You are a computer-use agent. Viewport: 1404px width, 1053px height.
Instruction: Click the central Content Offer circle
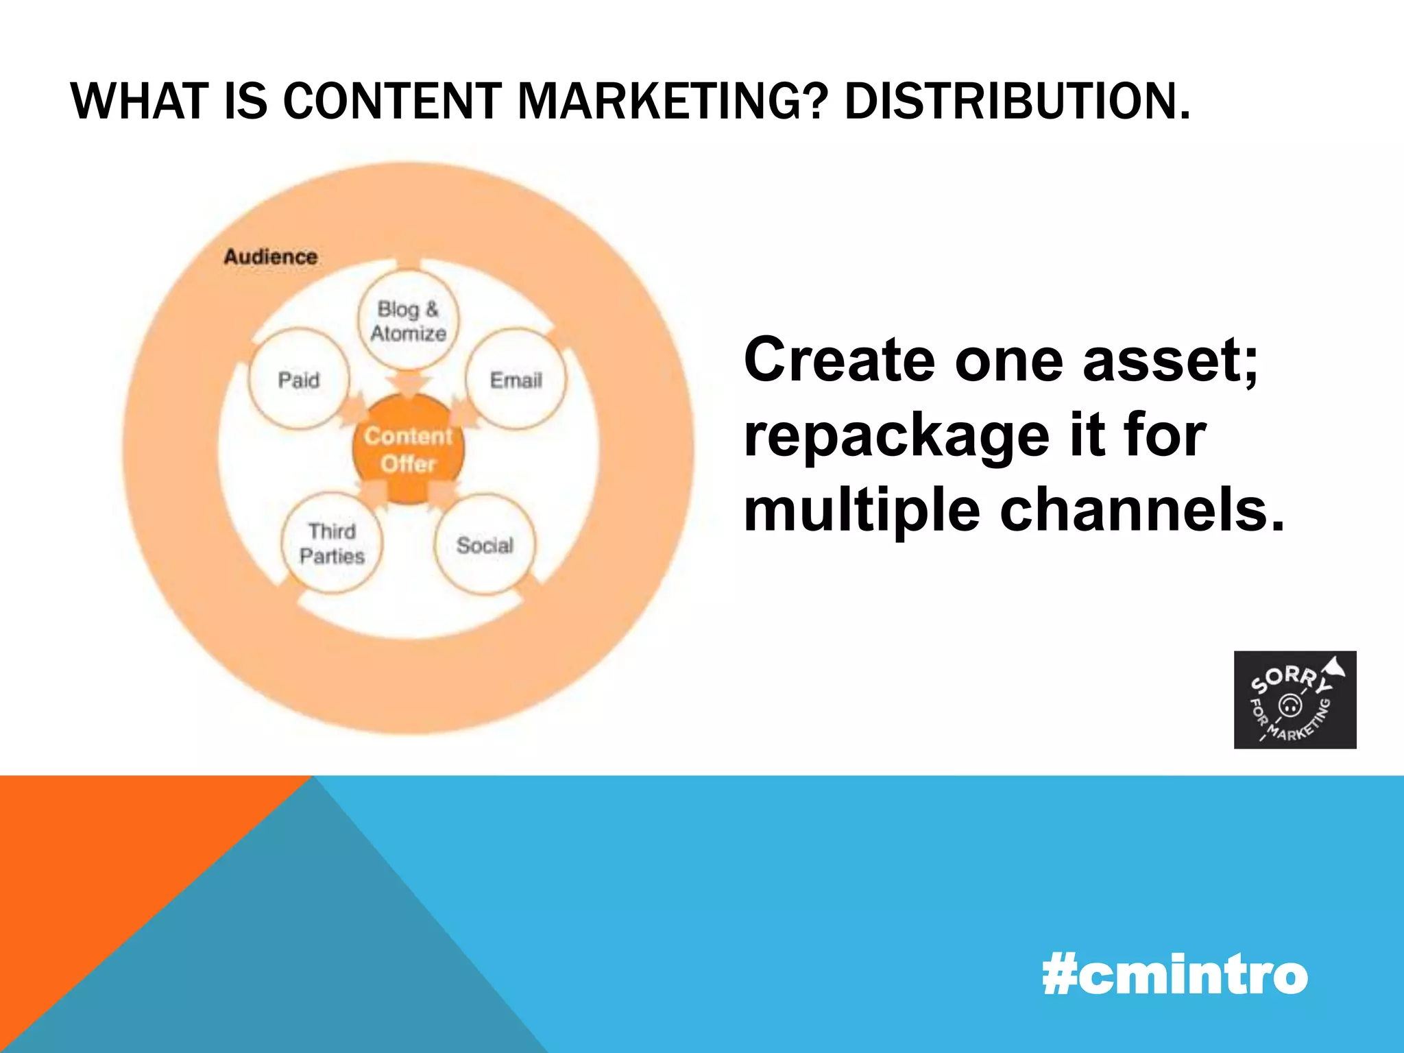click(409, 450)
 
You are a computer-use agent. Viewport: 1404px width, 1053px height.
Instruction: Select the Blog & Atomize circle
click(409, 321)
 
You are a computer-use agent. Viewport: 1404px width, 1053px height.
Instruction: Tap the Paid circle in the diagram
click(299, 380)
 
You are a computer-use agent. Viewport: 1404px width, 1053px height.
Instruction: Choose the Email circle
click(516, 380)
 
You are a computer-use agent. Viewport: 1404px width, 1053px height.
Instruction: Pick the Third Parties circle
click(332, 543)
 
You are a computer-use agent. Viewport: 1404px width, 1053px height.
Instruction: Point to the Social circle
click(485, 545)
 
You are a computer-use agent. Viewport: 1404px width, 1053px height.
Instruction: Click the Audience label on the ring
click(271, 257)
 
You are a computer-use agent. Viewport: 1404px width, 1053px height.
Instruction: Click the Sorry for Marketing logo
click(1294, 700)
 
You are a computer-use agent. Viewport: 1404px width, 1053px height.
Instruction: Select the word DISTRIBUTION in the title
click(1017, 101)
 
